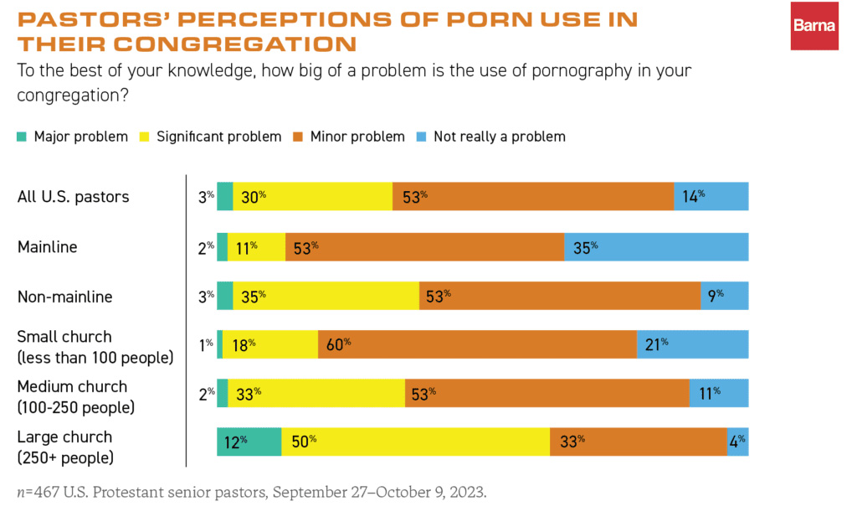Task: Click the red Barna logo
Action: [x=814, y=25]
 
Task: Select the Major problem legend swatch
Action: [x=22, y=137]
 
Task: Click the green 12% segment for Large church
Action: [x=249, y=442]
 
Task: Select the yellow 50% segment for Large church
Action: [x=415, y=442]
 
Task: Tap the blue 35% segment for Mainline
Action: [x=656, y=247]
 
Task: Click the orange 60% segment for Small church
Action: [x=477, y=344]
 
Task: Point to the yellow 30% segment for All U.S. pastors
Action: [x=312, y=197]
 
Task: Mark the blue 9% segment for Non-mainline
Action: [x=724, y=296]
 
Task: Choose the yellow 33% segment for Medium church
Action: [x=316, y=393]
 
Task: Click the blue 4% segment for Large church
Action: [x=737, y=442]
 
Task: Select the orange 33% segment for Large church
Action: [x=638, y=442]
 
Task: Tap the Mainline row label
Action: [x=48, y=247]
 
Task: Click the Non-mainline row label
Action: [x=64, y=296]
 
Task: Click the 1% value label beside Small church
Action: [x=206, y=344]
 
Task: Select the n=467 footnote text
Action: [x=251, y=491]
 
